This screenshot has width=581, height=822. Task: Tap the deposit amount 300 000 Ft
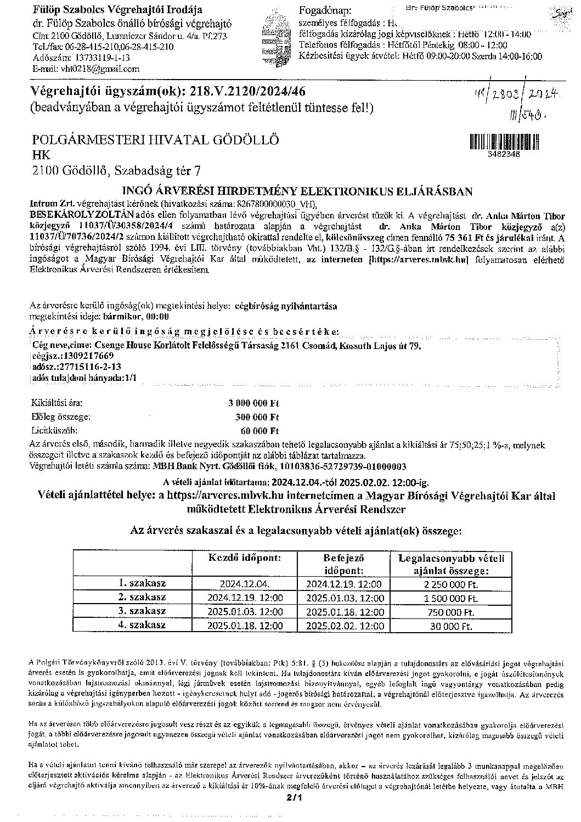[257, 417]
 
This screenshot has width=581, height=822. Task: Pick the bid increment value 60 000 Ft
[260, 431]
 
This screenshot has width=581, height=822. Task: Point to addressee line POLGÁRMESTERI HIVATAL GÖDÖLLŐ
[156, 140]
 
